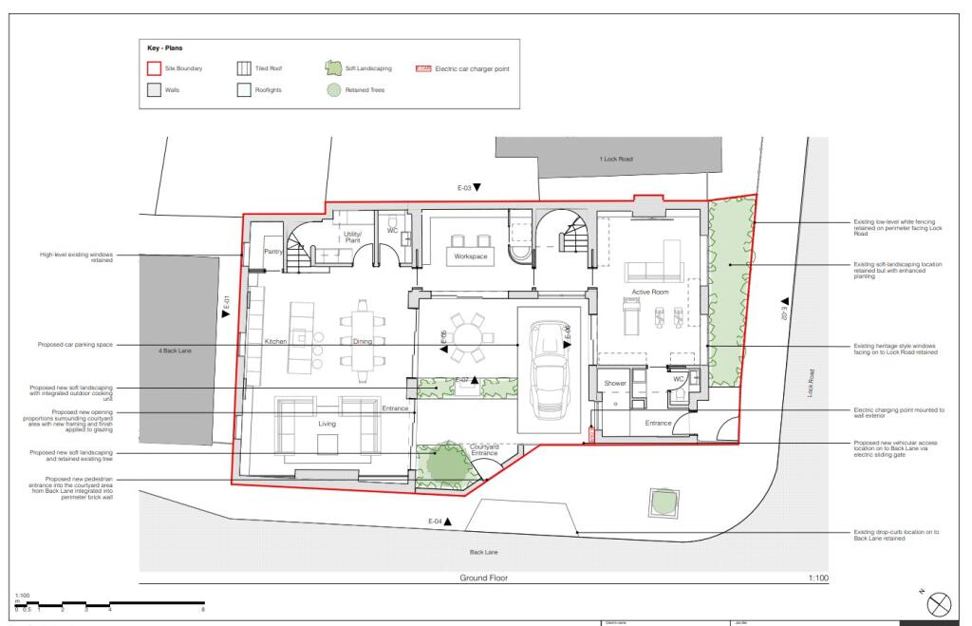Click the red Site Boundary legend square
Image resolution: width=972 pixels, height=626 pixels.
coord(153,69)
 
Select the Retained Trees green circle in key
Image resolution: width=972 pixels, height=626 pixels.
coord(332,90)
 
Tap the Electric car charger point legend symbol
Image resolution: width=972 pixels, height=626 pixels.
coord(424,69)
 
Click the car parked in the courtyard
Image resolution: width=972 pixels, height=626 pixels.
coord(549,369)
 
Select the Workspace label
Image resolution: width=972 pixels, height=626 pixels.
coord(470,256)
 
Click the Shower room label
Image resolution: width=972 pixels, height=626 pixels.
coord(615,384)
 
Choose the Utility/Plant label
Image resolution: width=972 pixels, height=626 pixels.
coord(352,237)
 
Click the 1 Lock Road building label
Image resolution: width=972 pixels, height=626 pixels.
coord(615,159)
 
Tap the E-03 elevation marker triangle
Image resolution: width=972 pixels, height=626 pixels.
coord(477,188)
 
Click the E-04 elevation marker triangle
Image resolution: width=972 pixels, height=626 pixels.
coord(448,521)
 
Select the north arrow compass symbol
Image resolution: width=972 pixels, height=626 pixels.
coord(939,602)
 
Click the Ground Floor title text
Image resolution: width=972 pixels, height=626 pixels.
coord(486,578)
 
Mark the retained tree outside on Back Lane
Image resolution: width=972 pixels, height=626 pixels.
coord(664,501)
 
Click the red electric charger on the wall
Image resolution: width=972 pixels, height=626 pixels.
coord(594,434)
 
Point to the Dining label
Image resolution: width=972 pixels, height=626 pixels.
coord(363,341)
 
